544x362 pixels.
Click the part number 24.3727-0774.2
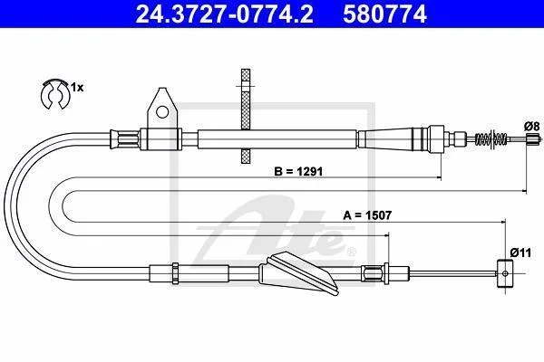(224, 14)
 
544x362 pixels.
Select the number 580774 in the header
(384, 14)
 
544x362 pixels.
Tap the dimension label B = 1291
(298, 171)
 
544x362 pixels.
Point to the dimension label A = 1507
(367, 215)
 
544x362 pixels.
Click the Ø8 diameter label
(532, 127)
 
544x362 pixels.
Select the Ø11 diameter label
(520, 252)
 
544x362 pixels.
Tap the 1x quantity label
(77, 88)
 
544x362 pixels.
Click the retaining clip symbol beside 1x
(55, 94)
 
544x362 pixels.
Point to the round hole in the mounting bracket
(162, 111)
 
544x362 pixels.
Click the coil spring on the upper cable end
(491, 139)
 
